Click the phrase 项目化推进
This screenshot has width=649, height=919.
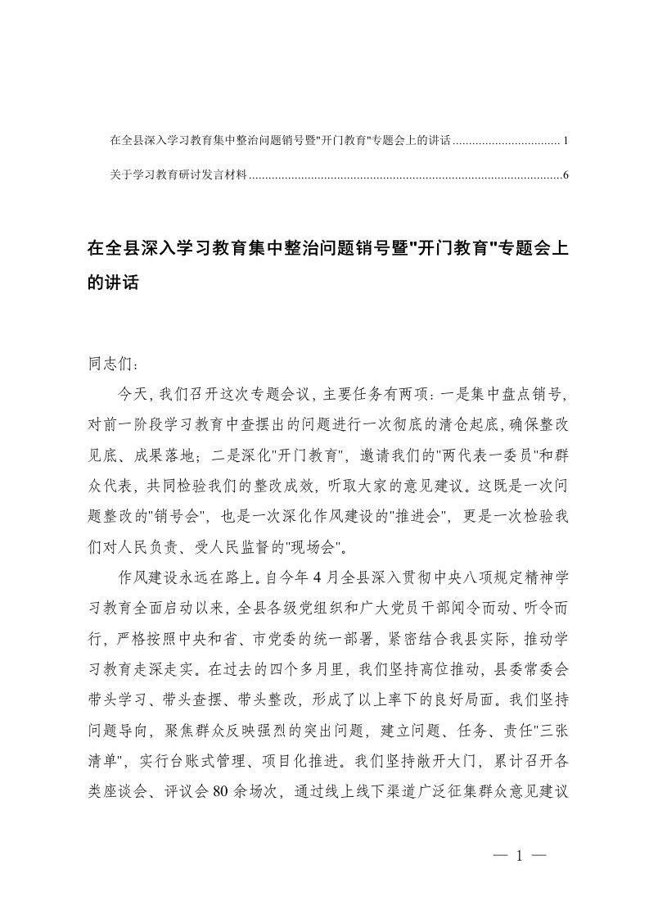tap(301, 764)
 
